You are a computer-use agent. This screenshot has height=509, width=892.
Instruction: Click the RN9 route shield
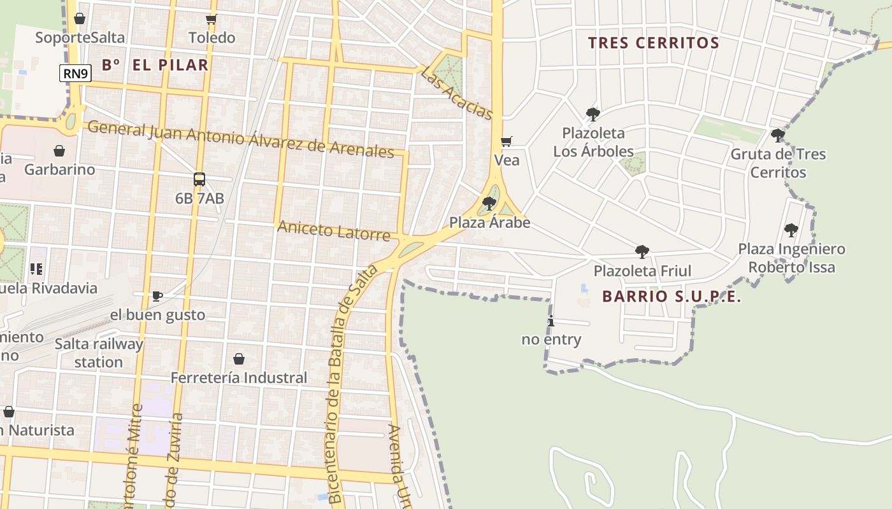click(x=76, y=74)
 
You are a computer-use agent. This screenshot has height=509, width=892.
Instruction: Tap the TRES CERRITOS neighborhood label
click(x=653, y=43)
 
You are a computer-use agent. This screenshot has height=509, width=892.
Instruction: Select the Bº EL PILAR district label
click(x=155, y=65)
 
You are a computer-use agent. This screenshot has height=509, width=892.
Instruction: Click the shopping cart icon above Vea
click(x=507, y=141)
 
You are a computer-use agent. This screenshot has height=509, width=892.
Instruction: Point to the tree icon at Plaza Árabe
click(x=489, y=204)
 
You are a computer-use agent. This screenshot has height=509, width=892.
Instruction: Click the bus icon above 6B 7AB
click(x=199, y=179)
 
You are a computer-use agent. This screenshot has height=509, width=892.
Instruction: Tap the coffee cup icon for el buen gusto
click(x=157, y=296)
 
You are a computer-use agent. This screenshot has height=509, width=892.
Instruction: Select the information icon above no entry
click(x=551, y=321)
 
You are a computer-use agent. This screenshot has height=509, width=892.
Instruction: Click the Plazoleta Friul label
click(x=642, y=271)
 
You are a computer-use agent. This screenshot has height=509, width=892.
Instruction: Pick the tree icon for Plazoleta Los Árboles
click(x=593, y=115)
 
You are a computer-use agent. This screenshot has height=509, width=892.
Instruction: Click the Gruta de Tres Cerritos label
click(x=778, y=164)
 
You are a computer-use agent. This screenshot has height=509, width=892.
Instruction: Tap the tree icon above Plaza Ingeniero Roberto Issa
click(x=791, y=230)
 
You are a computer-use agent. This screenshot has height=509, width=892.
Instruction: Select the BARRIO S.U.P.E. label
click(x=672, y=296)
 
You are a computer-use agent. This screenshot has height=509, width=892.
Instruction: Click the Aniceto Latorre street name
click(x=334, y=230)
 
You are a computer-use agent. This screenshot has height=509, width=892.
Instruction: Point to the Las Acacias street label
click(x=456, y=93)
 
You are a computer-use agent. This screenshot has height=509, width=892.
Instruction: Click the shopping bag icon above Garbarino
click(x=59, y=151)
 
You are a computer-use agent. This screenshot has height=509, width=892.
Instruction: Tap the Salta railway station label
click(x=98, y=353)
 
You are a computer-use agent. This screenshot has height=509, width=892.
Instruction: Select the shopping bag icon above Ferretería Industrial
click(x=239, y=359)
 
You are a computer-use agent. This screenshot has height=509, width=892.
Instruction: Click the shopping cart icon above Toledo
click(x=212, y=19)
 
